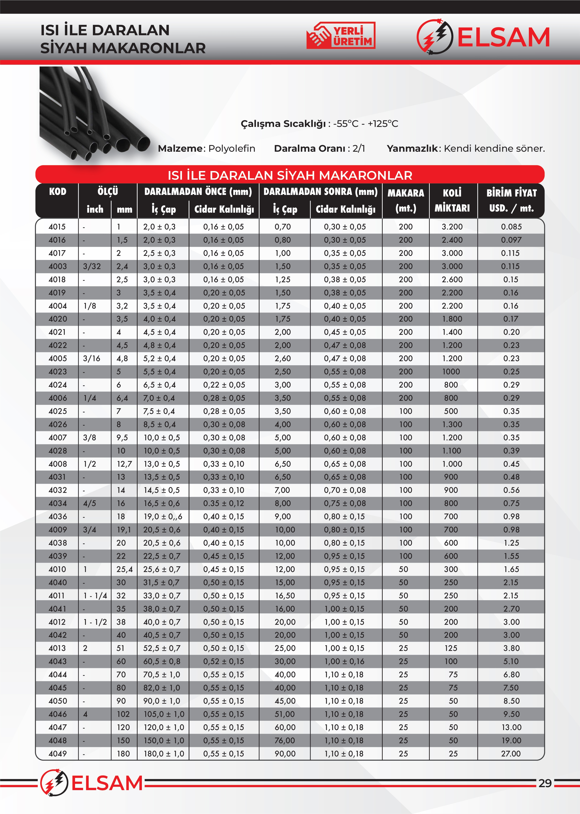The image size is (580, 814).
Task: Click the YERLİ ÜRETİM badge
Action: click(x=341, y=35)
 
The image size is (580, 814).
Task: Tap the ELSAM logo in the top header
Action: click(x=483, y=37)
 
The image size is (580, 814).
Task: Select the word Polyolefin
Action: click(x=231, y=149)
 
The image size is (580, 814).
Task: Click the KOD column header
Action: click(x=58, y=192)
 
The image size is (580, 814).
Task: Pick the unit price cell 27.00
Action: click(x=511, y=754)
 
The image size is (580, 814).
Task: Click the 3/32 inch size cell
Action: click(x=92, y=267)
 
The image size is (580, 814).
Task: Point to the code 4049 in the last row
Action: click(x=58, y=754)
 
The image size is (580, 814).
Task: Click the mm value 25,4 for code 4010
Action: click(x=124, y=569)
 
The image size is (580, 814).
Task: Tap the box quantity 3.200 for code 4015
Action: click(x=452, y=227)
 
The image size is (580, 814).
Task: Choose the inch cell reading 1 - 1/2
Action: click(x=95, y=622)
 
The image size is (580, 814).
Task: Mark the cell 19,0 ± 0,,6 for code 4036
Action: click(x=163, y=517)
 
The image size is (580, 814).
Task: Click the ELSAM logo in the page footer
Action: click(x=91, y=783)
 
